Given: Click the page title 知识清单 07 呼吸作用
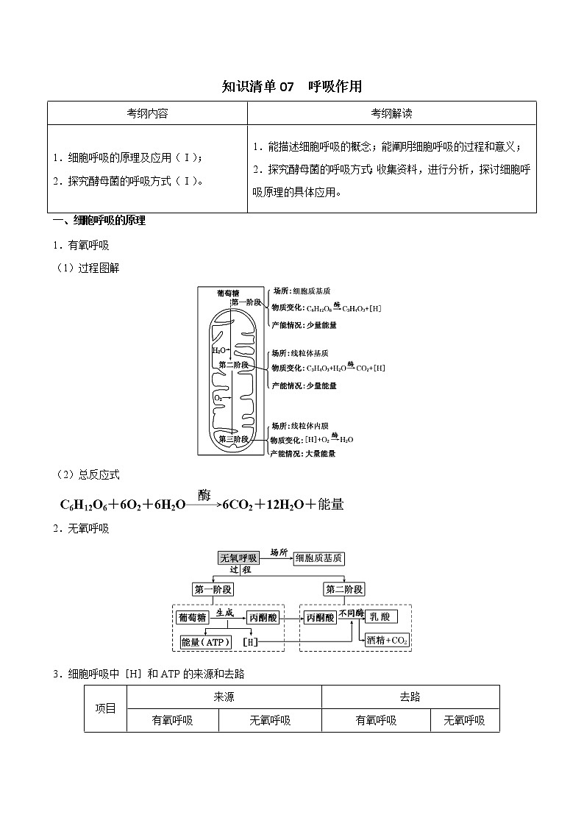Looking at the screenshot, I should point(292,86).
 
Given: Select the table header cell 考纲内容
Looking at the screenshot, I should point(147,113).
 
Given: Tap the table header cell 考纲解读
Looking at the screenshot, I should point(391,113).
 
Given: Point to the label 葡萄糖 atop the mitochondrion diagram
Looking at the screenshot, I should point(228,293).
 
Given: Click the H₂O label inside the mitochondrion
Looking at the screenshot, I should point(219,351).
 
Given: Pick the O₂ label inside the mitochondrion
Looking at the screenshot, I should point(218,398).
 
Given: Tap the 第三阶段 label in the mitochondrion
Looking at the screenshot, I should point(233,439).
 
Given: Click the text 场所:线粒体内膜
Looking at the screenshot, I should point(299,426).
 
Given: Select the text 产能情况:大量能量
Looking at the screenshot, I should point(303,454).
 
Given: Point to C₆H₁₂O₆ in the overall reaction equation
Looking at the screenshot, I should point(83,505).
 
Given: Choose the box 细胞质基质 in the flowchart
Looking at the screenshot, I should point(318,558).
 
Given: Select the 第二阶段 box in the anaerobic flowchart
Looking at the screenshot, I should point(344,589).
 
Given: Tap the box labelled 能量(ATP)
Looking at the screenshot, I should point(206,642).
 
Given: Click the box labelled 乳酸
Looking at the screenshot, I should point(382,618).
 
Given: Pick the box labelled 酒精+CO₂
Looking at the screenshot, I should point(388,640).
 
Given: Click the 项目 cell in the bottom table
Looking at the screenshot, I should point(106,709).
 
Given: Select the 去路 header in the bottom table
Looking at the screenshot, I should point(410,697).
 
